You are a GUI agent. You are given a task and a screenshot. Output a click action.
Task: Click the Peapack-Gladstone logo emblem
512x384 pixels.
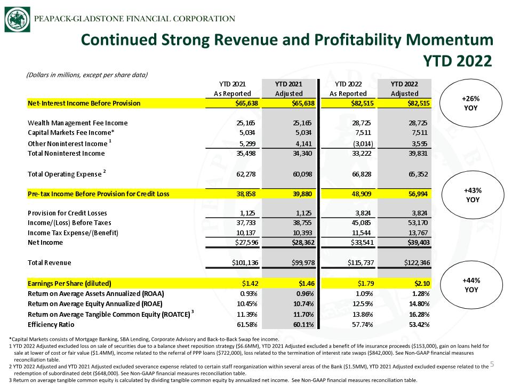coord(17,19)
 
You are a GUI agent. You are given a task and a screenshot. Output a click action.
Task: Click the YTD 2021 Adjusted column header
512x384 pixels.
coord(289,89)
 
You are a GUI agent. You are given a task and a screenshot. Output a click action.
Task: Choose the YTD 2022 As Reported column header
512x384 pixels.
coord(348,89)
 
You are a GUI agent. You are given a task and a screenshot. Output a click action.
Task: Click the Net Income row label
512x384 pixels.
coord(45,243)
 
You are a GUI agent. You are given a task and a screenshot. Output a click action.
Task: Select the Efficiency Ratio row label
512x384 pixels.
coord(51,325)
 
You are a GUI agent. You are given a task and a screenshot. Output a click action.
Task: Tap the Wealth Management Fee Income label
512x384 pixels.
coord(78,123)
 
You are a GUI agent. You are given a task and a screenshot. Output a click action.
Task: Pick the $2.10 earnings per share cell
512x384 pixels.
coord(422,283)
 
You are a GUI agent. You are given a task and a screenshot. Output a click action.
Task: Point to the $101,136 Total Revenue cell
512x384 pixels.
coord(245,262)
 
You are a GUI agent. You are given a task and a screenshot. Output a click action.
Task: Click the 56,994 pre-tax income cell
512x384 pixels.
coord(418,194)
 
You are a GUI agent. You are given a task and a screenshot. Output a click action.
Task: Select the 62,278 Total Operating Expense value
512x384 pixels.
coord(246,174)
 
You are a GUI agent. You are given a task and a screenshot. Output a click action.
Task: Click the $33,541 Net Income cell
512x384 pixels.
coord(362,243)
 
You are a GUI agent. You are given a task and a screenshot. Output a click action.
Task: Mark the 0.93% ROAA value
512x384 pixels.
coord(249,294)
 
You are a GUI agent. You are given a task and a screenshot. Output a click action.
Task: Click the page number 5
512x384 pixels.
coord(492,364)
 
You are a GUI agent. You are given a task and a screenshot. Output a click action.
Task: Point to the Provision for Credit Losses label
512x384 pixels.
coord(67,213)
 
